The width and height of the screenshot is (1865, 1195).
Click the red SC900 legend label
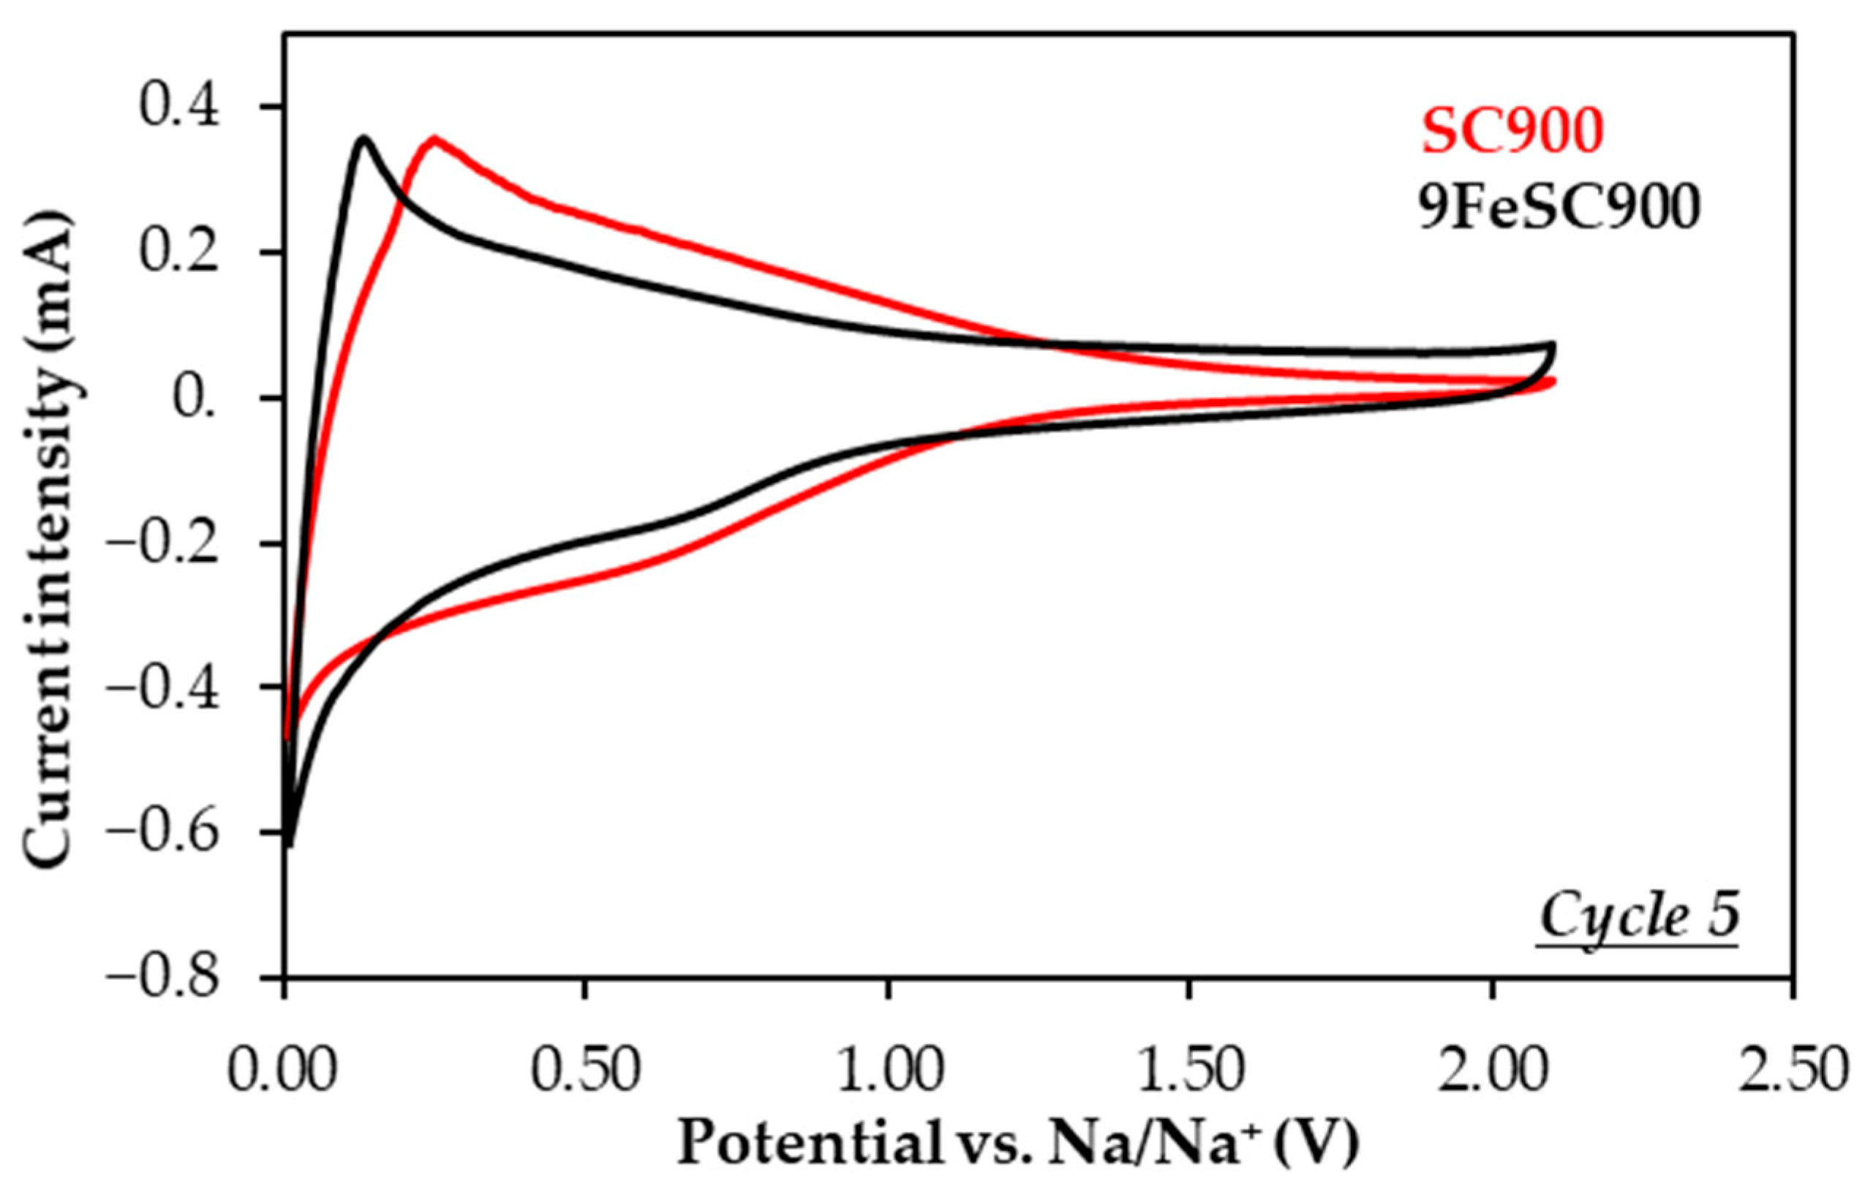point(1511,131)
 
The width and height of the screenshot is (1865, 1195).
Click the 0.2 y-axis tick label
point(180,252)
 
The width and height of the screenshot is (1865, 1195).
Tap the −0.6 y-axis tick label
point(163,832)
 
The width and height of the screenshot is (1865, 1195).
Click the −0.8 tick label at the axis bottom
point(163,978)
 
